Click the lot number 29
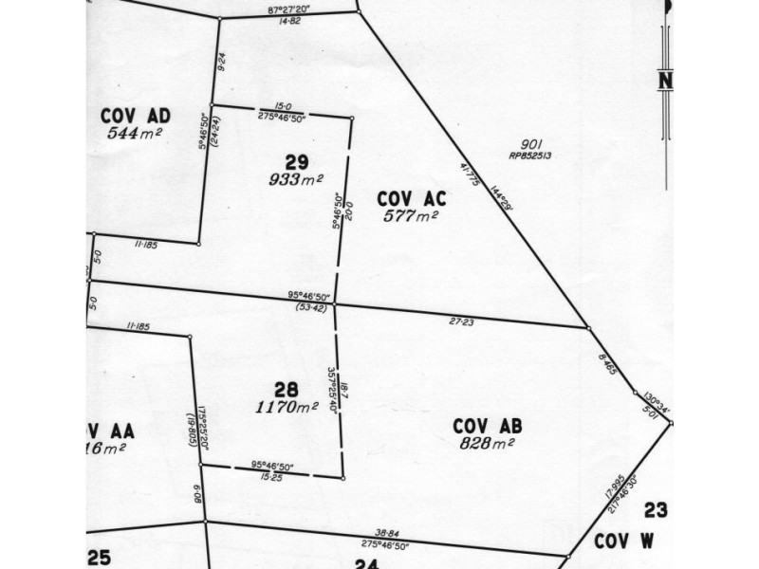point(298,161)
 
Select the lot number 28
point(287,389)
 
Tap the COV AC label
point(411,198)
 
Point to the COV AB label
point(487,426)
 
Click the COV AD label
point(135,116)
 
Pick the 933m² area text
point(296,179)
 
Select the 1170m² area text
point(287,407)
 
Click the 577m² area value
point(411,216)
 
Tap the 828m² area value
point(487,443)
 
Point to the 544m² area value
point(135,133)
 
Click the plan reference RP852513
point(530,156)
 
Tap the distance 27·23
point(461,322)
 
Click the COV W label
point(626,541)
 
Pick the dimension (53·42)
point(311,307)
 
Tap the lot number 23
point(656,511)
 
